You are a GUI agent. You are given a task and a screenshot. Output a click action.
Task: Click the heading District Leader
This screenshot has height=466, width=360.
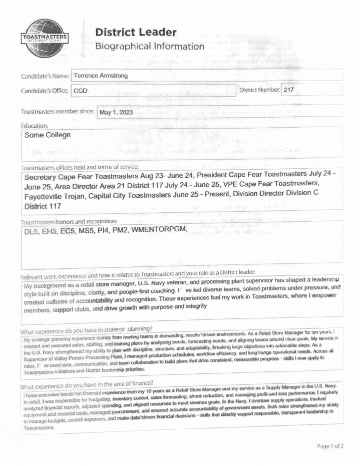tap(136, 32)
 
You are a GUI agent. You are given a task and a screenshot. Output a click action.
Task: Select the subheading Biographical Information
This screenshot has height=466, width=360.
tap(150, 46)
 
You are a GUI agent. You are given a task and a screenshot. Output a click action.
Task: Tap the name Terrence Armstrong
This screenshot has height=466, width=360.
tap(101, 76)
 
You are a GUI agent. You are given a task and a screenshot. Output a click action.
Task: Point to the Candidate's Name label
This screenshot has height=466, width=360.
tap(45, 76)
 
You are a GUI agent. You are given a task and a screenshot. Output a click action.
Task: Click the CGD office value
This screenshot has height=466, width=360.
tap(80, 90)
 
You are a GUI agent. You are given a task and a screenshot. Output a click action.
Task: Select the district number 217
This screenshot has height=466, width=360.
tap(289, 90)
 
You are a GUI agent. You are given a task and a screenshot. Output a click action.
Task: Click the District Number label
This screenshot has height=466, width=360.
tap(259, 90)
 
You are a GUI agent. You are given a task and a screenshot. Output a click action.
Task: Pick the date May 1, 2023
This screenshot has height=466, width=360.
tap(116, 113)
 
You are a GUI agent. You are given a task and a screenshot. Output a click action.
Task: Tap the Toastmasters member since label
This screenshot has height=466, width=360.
tap(57, 112)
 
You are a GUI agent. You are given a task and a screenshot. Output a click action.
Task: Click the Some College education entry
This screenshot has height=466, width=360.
tap(47, 135)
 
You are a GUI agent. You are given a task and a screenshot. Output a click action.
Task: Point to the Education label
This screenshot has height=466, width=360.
tap(34, 126)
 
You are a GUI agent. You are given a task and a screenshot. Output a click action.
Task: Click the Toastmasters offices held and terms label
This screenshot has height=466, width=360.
tap(80, 167)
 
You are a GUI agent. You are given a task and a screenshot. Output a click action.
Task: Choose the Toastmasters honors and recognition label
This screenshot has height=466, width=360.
tap(69, 221)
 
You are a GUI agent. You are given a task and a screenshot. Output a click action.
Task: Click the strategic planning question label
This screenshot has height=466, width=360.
tap(86, 330)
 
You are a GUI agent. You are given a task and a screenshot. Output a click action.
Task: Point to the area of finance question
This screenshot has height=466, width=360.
tap(86, 385)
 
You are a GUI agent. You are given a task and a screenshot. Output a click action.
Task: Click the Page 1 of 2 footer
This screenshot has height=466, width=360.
tap(330, 446)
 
